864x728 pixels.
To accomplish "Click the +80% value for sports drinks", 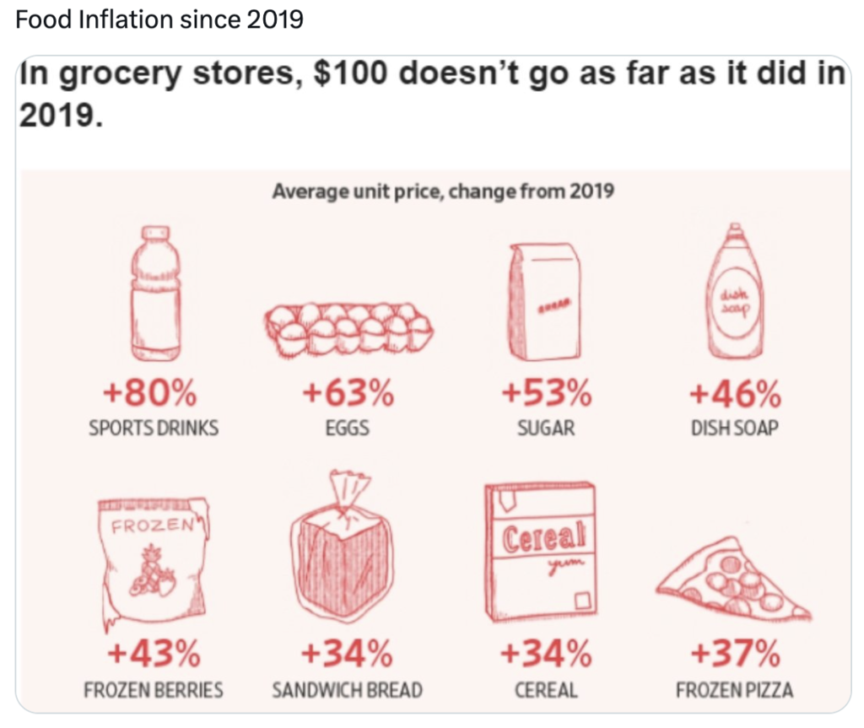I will (x=153, y=394).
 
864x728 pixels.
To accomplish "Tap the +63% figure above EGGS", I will (x=347, y=394).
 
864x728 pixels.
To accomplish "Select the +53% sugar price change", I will (x=546, y=394).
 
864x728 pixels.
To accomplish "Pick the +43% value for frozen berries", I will (x=153, y=654).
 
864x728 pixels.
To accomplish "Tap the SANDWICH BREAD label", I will (x=347, y=690).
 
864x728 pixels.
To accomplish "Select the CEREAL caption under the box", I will (x=546, y=690).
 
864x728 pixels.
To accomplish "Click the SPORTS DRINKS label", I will (x=153, y=429).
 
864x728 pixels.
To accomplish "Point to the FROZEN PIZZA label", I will (x=735, y=690).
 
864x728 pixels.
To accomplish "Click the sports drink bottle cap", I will (x=155, y=233).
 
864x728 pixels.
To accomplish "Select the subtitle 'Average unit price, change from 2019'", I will (x=442, y=191).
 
